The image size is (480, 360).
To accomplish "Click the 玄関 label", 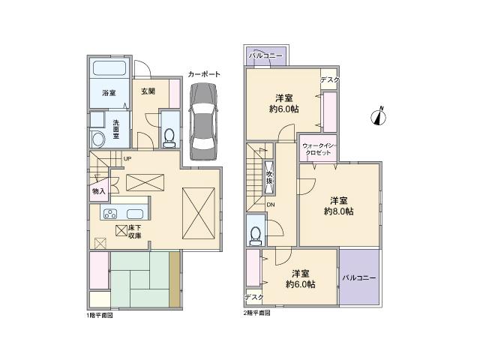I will (147, 91).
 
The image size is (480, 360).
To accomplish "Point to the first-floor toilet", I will (169, 136).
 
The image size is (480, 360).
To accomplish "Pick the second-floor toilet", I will (256, 233).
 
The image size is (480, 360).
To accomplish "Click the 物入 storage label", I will (98, 191).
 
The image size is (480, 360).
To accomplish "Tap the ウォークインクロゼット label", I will (318, 148).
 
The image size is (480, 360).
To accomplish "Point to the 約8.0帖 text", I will (339, 211).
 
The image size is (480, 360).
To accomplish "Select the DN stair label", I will (271, 205).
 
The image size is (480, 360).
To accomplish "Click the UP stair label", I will (127, 158).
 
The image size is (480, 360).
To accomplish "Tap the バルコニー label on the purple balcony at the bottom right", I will (359, 277).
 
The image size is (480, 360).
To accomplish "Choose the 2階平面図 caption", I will (256, 313).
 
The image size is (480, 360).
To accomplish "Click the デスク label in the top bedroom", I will (330, 80).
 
